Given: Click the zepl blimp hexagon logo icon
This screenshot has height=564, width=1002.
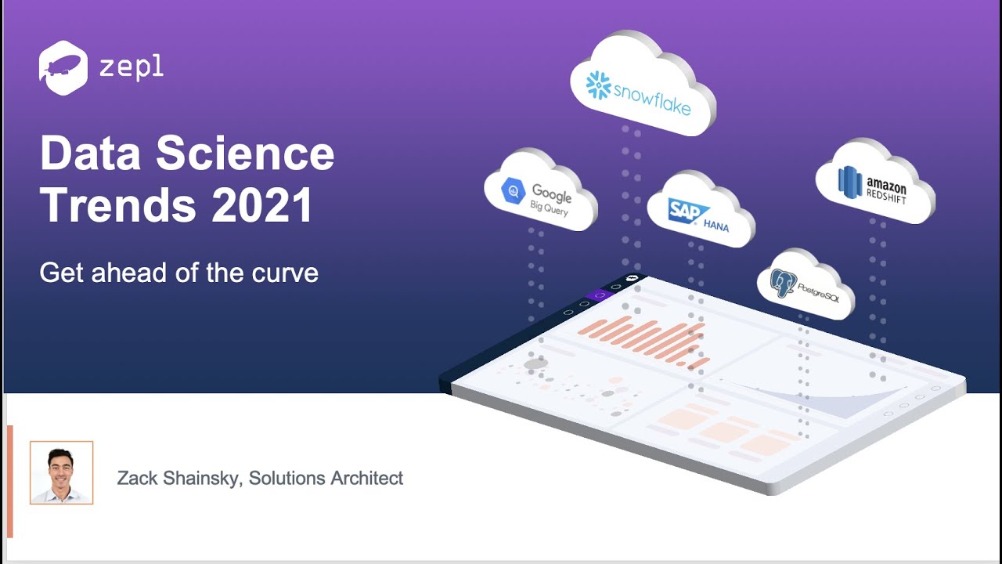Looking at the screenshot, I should [x=63, y=68].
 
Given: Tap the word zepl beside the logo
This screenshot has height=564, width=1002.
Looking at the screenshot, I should [x=132, y=67].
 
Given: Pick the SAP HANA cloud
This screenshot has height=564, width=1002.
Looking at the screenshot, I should [x=699, y=209].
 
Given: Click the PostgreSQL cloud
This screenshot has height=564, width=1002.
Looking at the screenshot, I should [x=806, y=284].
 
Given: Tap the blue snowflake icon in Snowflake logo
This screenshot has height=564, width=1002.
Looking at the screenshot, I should [x=599, y=85].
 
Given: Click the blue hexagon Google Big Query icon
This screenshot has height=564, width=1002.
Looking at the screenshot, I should [x=514, y=190].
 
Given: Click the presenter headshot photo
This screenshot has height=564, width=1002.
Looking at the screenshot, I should [x=62, y=472].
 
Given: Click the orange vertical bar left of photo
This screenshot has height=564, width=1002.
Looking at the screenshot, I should [x=10, y=481].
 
